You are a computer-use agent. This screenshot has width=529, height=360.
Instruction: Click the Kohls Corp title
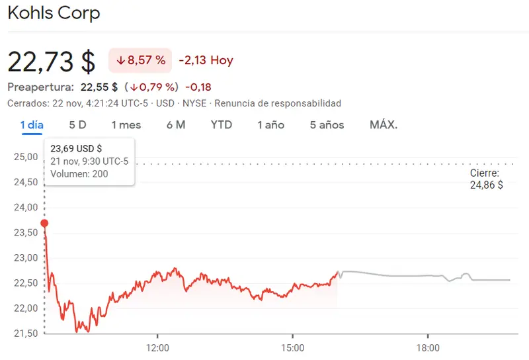54,13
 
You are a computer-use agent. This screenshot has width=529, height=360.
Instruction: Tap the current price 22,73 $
52,61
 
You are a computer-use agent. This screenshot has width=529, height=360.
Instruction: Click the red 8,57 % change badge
140,60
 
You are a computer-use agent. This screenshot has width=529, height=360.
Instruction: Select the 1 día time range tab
32,124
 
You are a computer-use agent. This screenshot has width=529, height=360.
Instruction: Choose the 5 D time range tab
77,124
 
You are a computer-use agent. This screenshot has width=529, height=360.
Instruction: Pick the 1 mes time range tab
126,124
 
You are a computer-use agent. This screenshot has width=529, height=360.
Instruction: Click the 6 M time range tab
176,124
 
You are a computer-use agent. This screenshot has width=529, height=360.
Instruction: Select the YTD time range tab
222,124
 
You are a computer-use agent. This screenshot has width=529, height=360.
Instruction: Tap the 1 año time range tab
271,124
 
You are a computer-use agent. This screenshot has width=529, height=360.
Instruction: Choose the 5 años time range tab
327,124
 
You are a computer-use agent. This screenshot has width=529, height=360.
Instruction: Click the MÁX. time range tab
384,124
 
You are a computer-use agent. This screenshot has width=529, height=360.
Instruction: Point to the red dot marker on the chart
44,223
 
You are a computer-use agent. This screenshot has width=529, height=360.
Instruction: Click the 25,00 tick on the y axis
25,157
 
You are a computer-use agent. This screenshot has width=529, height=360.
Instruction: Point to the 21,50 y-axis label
25,333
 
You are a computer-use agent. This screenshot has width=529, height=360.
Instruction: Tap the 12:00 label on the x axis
157,347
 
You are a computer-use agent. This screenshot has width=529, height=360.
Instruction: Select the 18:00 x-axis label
428,347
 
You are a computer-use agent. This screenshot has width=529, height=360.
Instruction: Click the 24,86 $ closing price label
486,185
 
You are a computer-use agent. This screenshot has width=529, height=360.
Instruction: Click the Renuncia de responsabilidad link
278,103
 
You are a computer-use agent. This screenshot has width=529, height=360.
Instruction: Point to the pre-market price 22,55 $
99,87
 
